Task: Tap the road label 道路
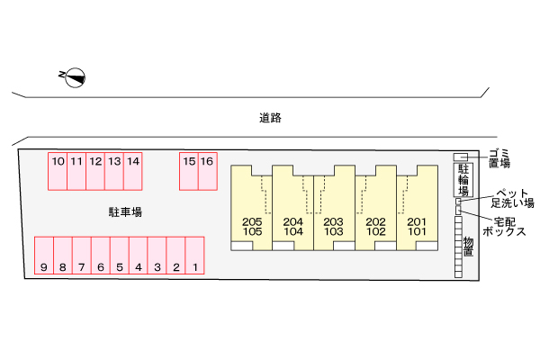click(270, 118)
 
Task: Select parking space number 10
click(58, 171)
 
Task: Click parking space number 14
click(132, 171)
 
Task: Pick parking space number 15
click(189, 171)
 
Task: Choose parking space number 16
click(207, 171)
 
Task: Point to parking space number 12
click(95, 171)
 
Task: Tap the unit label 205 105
click(252, 227)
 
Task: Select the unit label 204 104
click(292, 227)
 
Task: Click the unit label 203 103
click(334, 227)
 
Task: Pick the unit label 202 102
click(375, 227)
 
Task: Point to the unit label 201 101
click(417, 227)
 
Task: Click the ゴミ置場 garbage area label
click(499, 157)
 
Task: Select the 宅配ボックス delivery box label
click(503, 226)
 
